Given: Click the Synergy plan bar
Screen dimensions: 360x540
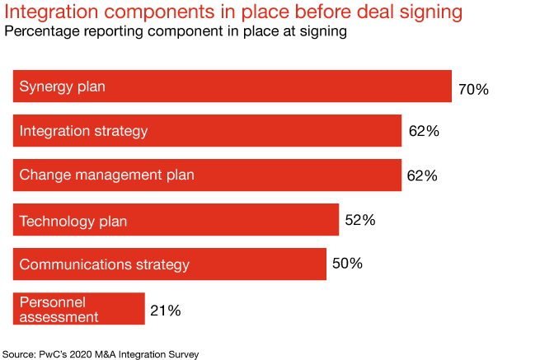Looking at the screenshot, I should [232, 86].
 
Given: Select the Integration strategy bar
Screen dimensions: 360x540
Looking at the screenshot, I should [207, 131].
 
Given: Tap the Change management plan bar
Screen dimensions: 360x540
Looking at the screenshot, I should [207, 175].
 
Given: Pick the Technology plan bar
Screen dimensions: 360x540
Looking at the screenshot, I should [176, 220].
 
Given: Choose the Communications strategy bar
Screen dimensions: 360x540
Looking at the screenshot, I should [169, 264].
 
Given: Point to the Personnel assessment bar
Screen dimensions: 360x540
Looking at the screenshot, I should [78, 309].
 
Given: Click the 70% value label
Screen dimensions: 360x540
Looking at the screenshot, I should [473, 89].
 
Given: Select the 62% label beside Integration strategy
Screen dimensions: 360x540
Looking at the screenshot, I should [424, 131].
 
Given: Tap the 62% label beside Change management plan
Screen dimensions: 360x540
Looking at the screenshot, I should [422, 175].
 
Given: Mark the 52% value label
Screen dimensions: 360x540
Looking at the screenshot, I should [359, 220].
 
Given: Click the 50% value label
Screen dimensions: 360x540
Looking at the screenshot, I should [347, 264].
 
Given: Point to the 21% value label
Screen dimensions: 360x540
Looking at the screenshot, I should [165, 311].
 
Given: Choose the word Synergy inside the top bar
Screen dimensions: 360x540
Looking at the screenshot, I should [45, 86].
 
